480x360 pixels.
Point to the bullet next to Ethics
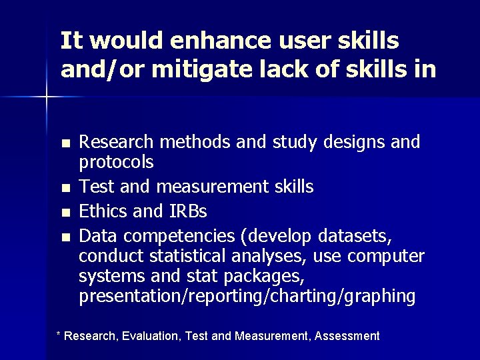pos(64,213)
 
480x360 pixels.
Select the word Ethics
pos(102,211)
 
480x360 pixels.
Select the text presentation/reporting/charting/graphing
pos(247,296)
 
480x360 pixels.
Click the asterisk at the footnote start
pos(58,335)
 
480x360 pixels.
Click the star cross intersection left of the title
pos(47,97)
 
